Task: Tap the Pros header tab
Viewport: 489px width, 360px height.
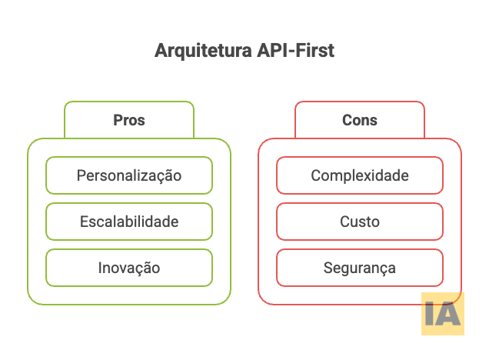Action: pos(129,120)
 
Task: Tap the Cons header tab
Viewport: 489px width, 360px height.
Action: pos(360,120)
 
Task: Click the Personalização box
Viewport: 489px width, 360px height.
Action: pos(129,175)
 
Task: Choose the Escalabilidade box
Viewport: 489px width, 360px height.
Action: pos(129,222)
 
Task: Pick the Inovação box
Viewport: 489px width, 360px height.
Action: pos(129,268)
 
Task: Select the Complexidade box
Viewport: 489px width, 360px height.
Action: pos(360,175)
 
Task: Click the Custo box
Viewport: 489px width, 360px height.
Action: pos(360,222)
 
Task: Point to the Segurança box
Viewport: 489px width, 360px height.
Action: pos(360,268)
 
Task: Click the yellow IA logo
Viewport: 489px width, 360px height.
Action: pos(443,314)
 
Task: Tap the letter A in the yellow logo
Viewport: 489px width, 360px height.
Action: pos(449,315)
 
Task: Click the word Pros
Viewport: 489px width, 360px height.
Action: pos(129,121)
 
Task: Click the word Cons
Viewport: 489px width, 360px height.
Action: pos(360,121)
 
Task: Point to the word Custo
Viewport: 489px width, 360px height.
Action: pos(360,222)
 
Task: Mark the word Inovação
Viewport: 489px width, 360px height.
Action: pos(129,268)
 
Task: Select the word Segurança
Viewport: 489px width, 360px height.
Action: pos(360,268)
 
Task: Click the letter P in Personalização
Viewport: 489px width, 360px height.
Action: pos(81,175)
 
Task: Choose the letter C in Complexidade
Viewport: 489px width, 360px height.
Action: pos(315,175)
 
